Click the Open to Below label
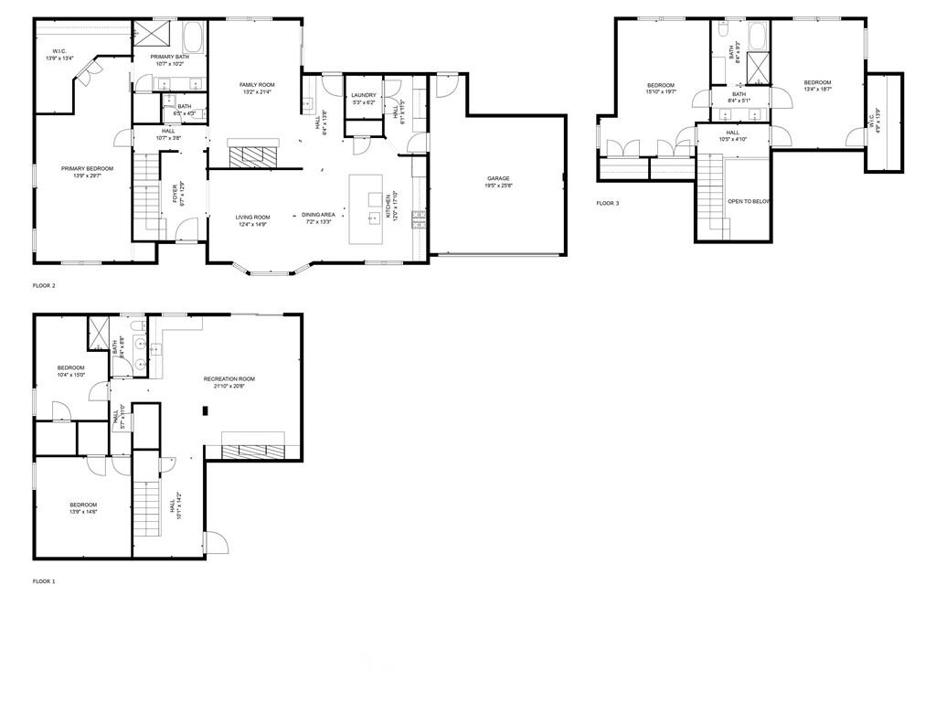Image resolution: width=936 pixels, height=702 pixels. pyautogui.click(x=749, y=201)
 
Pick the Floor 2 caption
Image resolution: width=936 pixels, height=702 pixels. pyautogui.click(x=44, y=286)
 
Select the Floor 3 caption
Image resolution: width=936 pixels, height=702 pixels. pyautogui.click(x=608, y=203)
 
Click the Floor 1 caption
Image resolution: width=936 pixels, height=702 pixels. pyautogui.click(x=44, y=581)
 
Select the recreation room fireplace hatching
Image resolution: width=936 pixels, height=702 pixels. pyautogui.click(x=253, y=450)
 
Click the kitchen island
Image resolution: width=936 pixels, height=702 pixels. pyautogui.click(x=375, y=209)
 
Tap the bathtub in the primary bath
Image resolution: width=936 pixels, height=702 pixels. pyautogui.click(x=195, y=38)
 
